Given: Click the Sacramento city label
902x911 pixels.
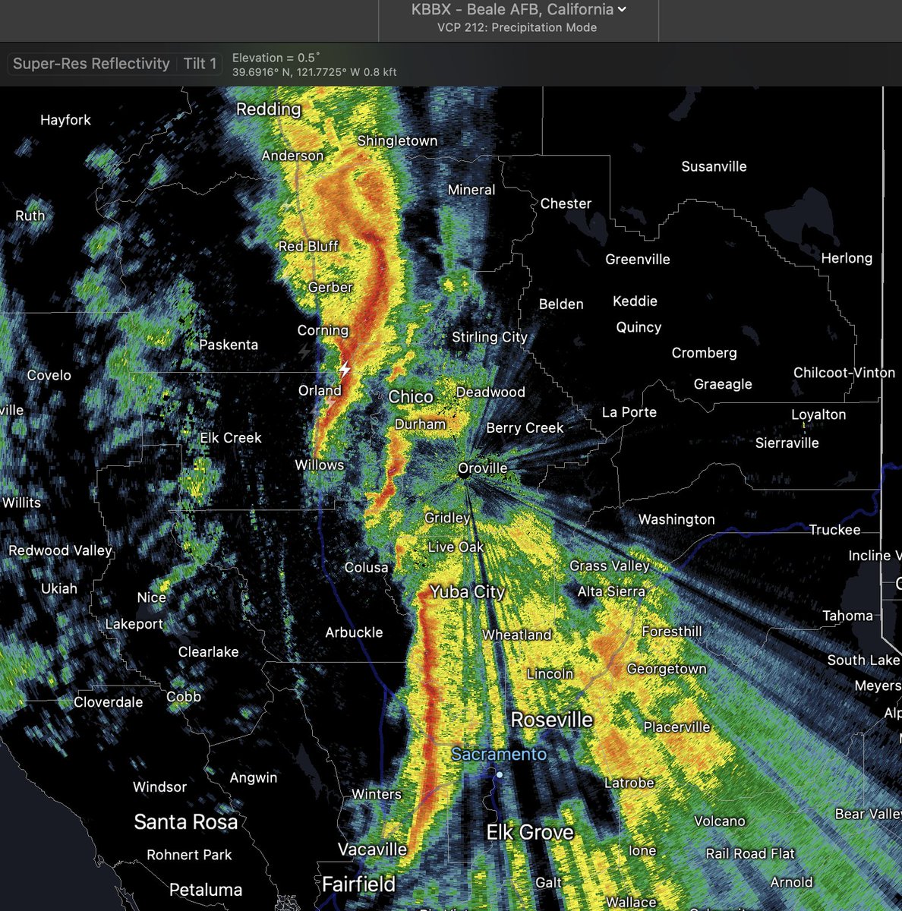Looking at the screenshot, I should tap(499, 754).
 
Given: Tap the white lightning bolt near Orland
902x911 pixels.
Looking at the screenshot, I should tap(345, 370).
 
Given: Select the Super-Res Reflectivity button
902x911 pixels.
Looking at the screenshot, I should tap(91, 64).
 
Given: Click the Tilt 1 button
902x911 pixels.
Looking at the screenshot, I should tap(200, 64).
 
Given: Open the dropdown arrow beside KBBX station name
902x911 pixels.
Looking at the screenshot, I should tap(623, 10).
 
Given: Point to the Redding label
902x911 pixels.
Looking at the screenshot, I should tap(268, 109).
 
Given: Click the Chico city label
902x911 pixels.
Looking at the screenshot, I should tap(411, 397).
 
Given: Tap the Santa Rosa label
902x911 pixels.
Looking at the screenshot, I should tap(186, 821).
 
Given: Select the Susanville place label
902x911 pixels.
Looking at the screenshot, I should tap(714, 166).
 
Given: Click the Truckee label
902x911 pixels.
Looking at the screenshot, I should tap(834, 530).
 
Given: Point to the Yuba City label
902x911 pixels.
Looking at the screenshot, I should tap(467, 592).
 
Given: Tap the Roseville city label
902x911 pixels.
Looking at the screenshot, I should tap(552, 720).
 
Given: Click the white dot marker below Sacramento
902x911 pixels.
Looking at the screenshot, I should tap(500, 775).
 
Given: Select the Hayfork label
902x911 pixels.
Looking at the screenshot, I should tap(65, 120).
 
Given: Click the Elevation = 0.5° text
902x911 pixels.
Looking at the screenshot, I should tap(276, 58).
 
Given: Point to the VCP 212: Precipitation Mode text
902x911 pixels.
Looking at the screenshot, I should tap(517, 27).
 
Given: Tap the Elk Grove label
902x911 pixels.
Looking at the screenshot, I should tap(530, 833).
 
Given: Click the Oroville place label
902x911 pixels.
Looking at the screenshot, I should tap(483, 468).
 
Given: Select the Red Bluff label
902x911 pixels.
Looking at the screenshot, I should tap(308, 246).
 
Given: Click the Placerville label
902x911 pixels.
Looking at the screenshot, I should tap(676, 727).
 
